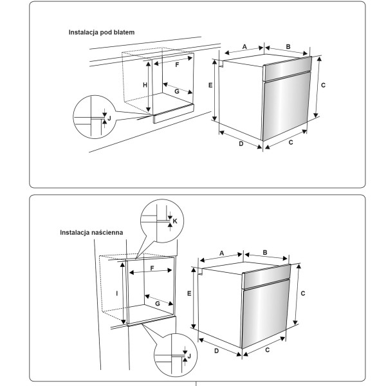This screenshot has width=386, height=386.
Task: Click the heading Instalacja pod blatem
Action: click(x=102, y=32)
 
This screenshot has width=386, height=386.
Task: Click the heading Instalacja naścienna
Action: click(x=91, y=232)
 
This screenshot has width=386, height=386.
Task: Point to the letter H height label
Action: click(x=145, y=86)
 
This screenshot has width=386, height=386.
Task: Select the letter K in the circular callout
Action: click(x=175, y=221)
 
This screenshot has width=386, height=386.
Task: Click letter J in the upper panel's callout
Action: click(x=109, y=118)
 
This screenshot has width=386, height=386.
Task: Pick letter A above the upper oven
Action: click(x=244, y=47)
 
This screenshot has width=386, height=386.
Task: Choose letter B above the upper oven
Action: click(x=288, y=46)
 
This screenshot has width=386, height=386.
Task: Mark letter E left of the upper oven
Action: click(x=210, y=85)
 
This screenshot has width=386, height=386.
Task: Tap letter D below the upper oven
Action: click(x=241, y=144)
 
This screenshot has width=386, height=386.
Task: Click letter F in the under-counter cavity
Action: click(x=177, y=65)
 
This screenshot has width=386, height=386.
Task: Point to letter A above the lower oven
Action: click(x=221, y=253)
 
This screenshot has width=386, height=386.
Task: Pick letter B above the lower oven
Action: click(x=264, y=253)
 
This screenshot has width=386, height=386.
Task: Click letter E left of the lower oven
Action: click(x=189, y=293)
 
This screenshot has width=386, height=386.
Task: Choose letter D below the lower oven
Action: click(x=216, y=351)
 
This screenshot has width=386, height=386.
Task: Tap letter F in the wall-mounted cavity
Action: click(x=152, y=268)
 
